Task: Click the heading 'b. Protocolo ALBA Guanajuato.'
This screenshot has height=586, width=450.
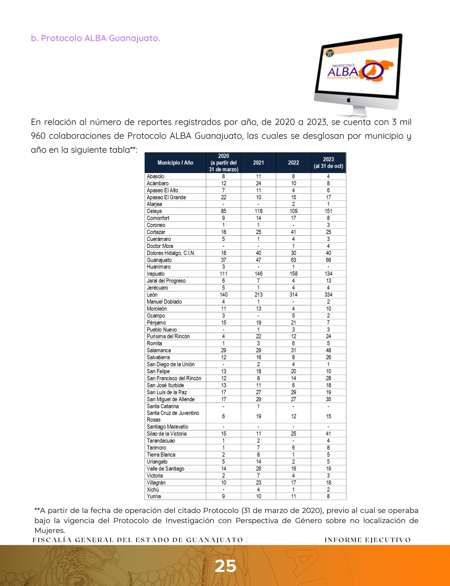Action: (95, 38)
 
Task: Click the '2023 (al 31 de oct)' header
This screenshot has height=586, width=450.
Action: (328, 162)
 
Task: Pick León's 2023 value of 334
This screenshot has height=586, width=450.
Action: (328, 295)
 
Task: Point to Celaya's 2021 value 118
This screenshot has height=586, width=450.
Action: (258, 211)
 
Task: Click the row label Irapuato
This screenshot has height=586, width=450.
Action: (156, 274)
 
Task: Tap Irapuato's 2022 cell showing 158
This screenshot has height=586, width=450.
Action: (293, 274)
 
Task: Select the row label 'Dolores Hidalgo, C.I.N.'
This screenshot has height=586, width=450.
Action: (171, 253)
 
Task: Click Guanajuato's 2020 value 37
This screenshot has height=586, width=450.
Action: (223, 260)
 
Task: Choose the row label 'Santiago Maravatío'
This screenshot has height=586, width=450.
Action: (167, 427)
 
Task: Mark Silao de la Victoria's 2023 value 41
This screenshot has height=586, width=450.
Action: (328, 434)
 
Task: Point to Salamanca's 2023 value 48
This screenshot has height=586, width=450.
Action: (328, 350)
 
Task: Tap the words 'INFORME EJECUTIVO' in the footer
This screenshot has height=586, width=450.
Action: (368, 540)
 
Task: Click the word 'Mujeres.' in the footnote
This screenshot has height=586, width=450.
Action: (50, 531)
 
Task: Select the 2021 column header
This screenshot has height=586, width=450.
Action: (258, 162)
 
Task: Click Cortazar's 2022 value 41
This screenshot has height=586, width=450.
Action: (293, 232)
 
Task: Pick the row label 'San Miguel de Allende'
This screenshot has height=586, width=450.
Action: (171, 399)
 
